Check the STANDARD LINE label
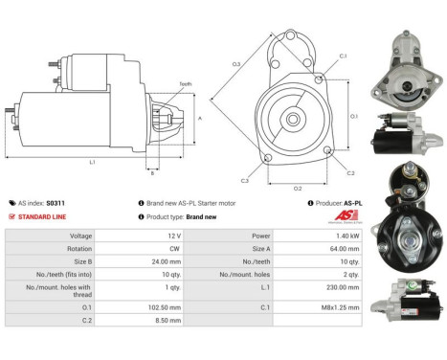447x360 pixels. [47, 216]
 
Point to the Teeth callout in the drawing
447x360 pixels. [186, 84]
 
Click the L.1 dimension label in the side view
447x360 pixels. [92, 162]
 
